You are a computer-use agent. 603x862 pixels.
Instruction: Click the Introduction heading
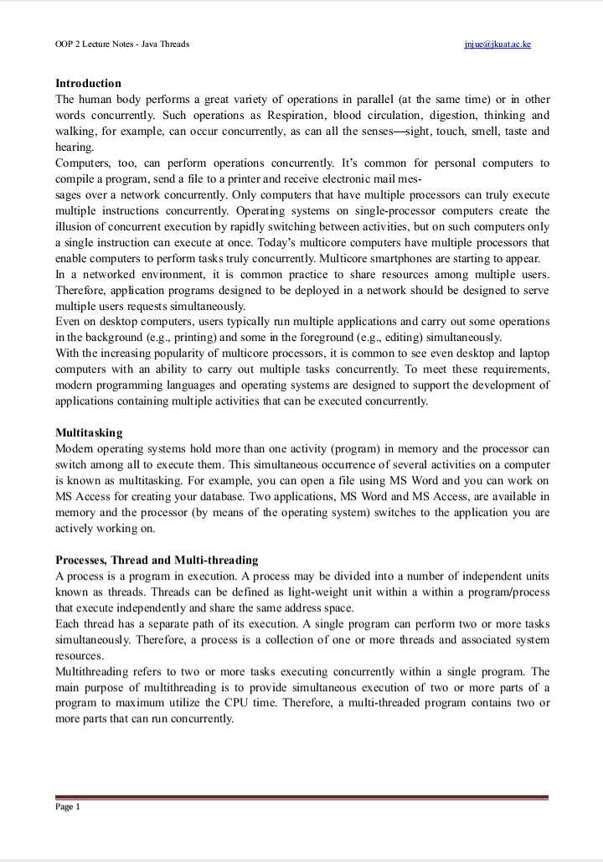click(x=88, y=84)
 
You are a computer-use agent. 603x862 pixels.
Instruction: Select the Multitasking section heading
click(x=89, y=433)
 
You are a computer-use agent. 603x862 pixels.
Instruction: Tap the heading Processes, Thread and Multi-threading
click(x=157, y=560)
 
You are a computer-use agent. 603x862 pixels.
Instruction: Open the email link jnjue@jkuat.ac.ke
click(x=497, y=44)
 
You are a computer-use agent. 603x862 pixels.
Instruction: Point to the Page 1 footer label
click(x=67, y=807)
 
